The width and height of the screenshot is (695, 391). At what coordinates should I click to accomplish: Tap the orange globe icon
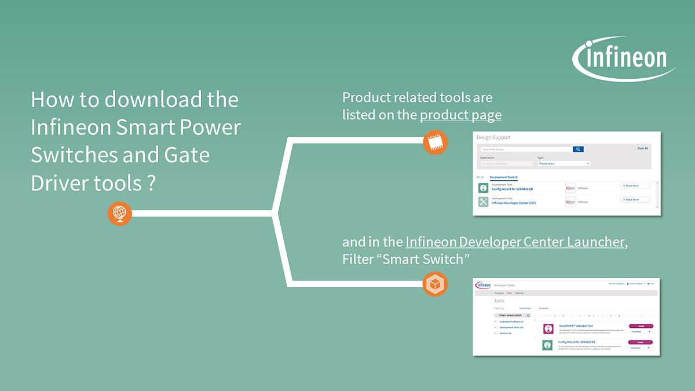point(120,214)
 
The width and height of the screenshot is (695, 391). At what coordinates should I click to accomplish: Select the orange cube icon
point(435,284)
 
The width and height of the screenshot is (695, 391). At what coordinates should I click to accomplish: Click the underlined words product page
point(460,115)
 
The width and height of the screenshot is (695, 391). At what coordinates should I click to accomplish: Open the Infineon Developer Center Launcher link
point(515,242)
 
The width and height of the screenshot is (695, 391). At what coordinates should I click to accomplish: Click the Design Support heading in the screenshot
point(493,138)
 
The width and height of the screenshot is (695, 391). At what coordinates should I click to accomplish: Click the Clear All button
point(642,148)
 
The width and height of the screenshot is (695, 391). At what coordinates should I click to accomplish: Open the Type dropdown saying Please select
point(564,164)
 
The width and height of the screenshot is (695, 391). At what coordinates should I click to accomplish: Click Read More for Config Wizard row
point(635,186)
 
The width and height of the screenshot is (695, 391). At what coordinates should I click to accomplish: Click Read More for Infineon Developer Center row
point(635,200)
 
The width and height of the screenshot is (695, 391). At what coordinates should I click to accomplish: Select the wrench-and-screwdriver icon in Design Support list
point(483,202)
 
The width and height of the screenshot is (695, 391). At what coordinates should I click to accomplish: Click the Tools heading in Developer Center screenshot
point(499,301)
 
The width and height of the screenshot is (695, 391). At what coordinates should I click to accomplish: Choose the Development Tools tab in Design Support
point(503,177)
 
